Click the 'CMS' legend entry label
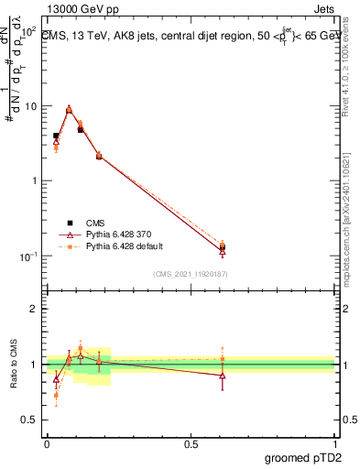coord(95,222)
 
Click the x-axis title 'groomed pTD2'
coord(303,456)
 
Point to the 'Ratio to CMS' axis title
coord(15,365)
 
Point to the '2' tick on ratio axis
coord(36,309)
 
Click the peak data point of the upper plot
coord(69,109)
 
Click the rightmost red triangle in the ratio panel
coord(223,376)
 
